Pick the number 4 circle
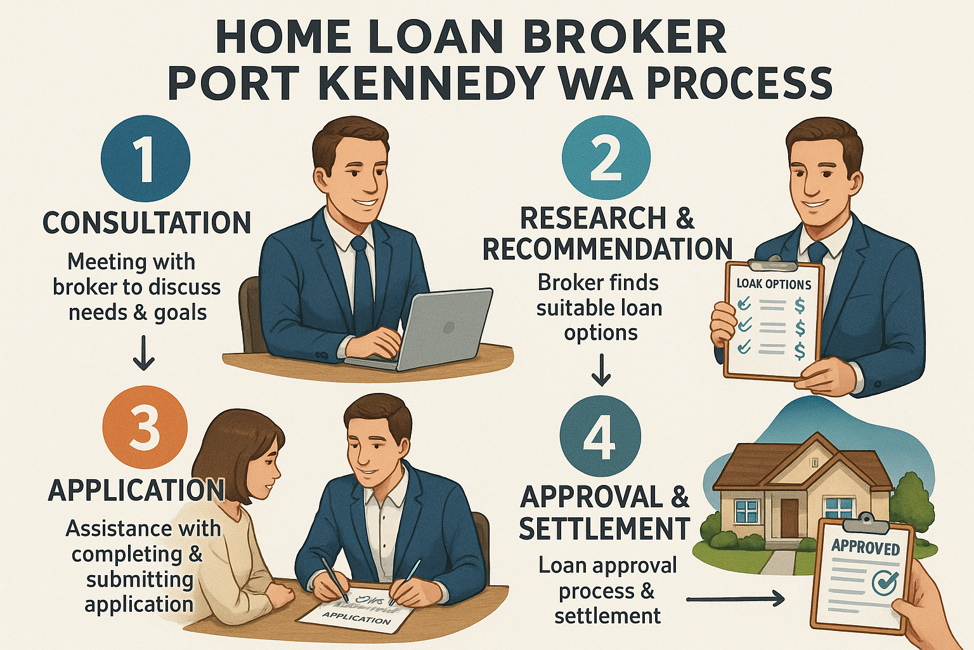click(x=600, y=437)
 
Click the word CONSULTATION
click(x=146, y=223)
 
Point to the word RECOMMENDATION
click(x=607, y=249)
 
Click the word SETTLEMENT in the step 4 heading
click(x=604, y=529)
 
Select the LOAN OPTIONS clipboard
click(x=772, y=321)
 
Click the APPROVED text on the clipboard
click(x=866, y=547)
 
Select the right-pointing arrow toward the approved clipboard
click(x=736, y=599)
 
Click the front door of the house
click(x=789, y=518)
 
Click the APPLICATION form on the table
click(x=355, y=613)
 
